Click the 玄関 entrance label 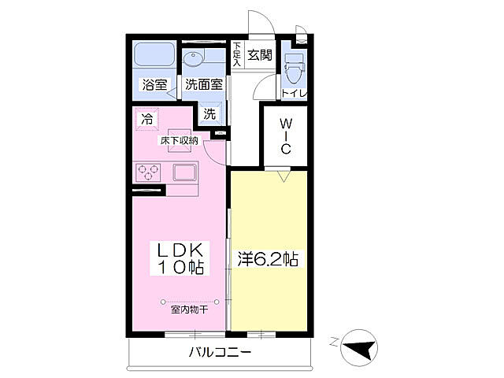click(x=259, y=55)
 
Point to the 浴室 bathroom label click(x=154, y=85)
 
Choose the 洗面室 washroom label click(x=204, y=85)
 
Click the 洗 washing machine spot click(x=209, y=113)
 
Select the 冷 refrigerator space click(x=146, y=119)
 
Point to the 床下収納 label click(x=180, y=140)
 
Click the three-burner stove click(x=148, y=172)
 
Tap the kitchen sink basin click(x=186, y=172)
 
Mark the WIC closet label click(x=287, y=135)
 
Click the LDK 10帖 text click(x=180, y=258)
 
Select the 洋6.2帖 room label click(x=268, y=258)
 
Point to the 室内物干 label click(x=189, y=309)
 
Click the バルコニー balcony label click(x=220, y=352)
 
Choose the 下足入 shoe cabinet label click(x=237, y=54)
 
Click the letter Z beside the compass click(x=334, y=341)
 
